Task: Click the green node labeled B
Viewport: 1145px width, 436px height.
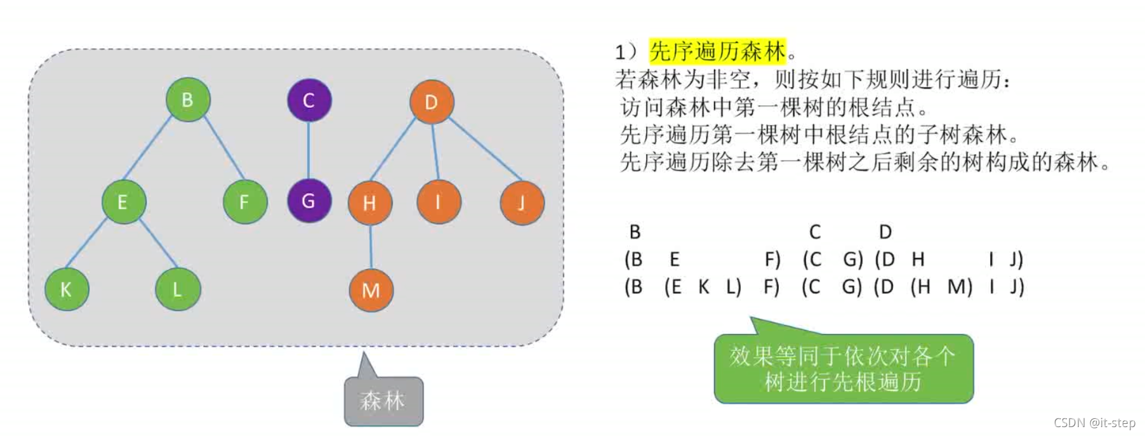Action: [187, 100]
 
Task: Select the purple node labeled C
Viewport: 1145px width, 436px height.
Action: [308, 100]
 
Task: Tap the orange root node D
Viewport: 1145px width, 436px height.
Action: [431, 102]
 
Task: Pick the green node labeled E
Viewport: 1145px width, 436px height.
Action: [123, 202]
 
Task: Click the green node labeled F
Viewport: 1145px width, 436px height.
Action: [244, 202]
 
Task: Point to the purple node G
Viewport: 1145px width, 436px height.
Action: [308, 201]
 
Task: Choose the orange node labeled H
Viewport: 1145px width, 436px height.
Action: [369, 202]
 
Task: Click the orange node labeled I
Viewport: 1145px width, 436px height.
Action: [438, 202]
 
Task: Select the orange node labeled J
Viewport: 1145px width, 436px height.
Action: [521, 203]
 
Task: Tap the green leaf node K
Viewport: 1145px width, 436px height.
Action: [66, 289]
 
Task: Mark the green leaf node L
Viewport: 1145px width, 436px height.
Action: [178, 289]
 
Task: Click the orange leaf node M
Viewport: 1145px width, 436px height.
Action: [371, 290]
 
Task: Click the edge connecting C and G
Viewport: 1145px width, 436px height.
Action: [308, 150]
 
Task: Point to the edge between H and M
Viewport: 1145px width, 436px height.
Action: [371, 246]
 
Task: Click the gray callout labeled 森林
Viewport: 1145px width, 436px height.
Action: [383, 401]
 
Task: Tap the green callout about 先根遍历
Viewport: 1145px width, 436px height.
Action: [843, 369]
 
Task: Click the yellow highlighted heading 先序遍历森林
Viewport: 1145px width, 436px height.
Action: [717, 51]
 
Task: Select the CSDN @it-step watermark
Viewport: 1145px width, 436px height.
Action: [1094, 423]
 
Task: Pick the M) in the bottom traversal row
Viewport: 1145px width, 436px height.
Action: [960, 287]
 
